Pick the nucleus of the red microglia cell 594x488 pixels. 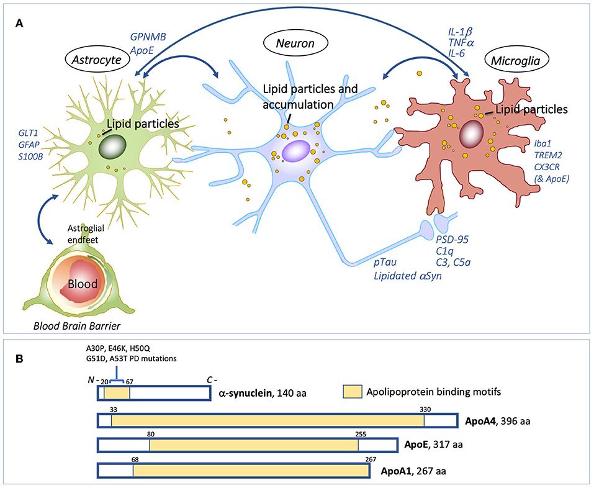coord(473,133)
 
